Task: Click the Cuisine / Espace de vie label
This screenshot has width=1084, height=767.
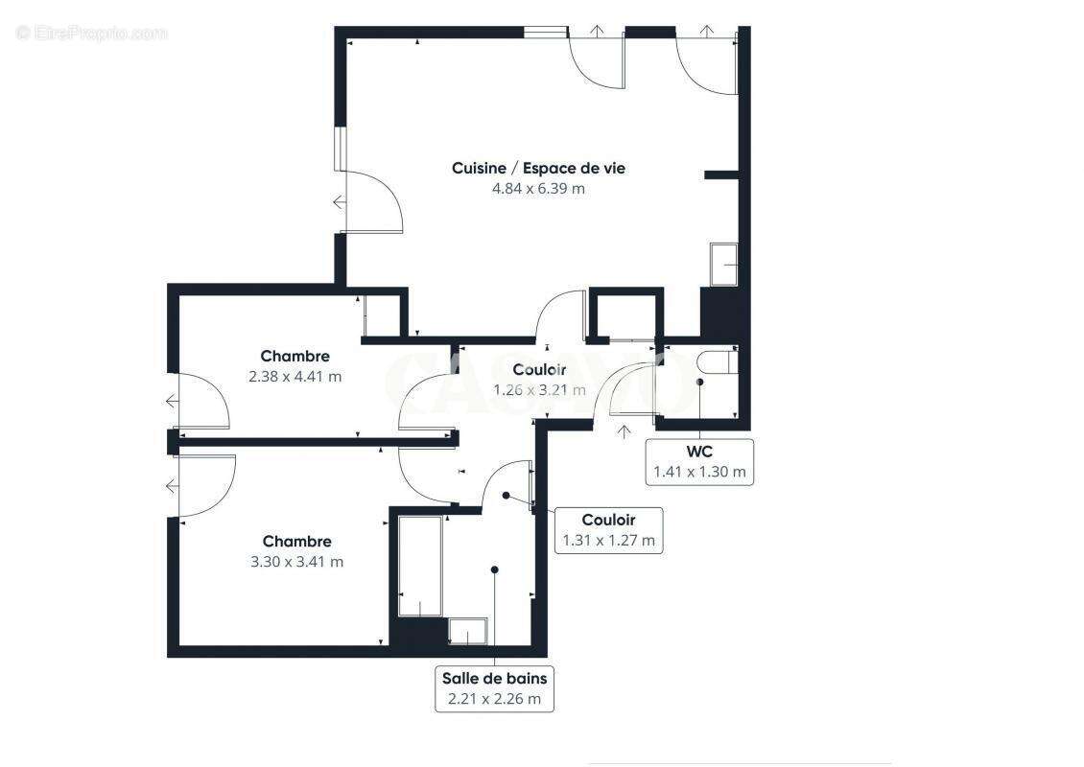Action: pos(538,168)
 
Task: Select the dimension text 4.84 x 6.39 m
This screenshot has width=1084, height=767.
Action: pos(538,189)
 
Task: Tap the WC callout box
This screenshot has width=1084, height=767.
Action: pos(699,461)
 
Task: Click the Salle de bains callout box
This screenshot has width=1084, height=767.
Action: pos(494,688)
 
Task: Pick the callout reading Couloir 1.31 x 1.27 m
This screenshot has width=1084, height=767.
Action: pos(608,530)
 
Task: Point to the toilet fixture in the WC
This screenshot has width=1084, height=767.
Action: pos(716,364)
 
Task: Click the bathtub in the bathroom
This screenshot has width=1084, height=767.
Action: pos(420,566)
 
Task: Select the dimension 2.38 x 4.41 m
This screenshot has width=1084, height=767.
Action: pos(295,377)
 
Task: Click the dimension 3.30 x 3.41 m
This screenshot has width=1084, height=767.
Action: pos(296,562)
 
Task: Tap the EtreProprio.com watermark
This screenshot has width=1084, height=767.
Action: pos(92,34)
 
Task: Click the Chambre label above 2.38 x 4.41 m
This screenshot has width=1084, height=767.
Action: pos(295,357)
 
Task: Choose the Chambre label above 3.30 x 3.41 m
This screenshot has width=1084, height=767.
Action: pos(296,542)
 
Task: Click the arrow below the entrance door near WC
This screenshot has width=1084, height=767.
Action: pos(624,431)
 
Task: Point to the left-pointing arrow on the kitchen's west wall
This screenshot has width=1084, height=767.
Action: pos(340,202)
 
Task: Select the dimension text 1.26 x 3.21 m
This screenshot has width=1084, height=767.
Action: pos(538,390)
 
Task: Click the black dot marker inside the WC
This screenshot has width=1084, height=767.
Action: pos(699,382)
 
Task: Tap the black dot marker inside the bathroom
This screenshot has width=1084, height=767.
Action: pos(494,569)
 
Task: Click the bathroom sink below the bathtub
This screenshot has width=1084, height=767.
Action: pos(467,632)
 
